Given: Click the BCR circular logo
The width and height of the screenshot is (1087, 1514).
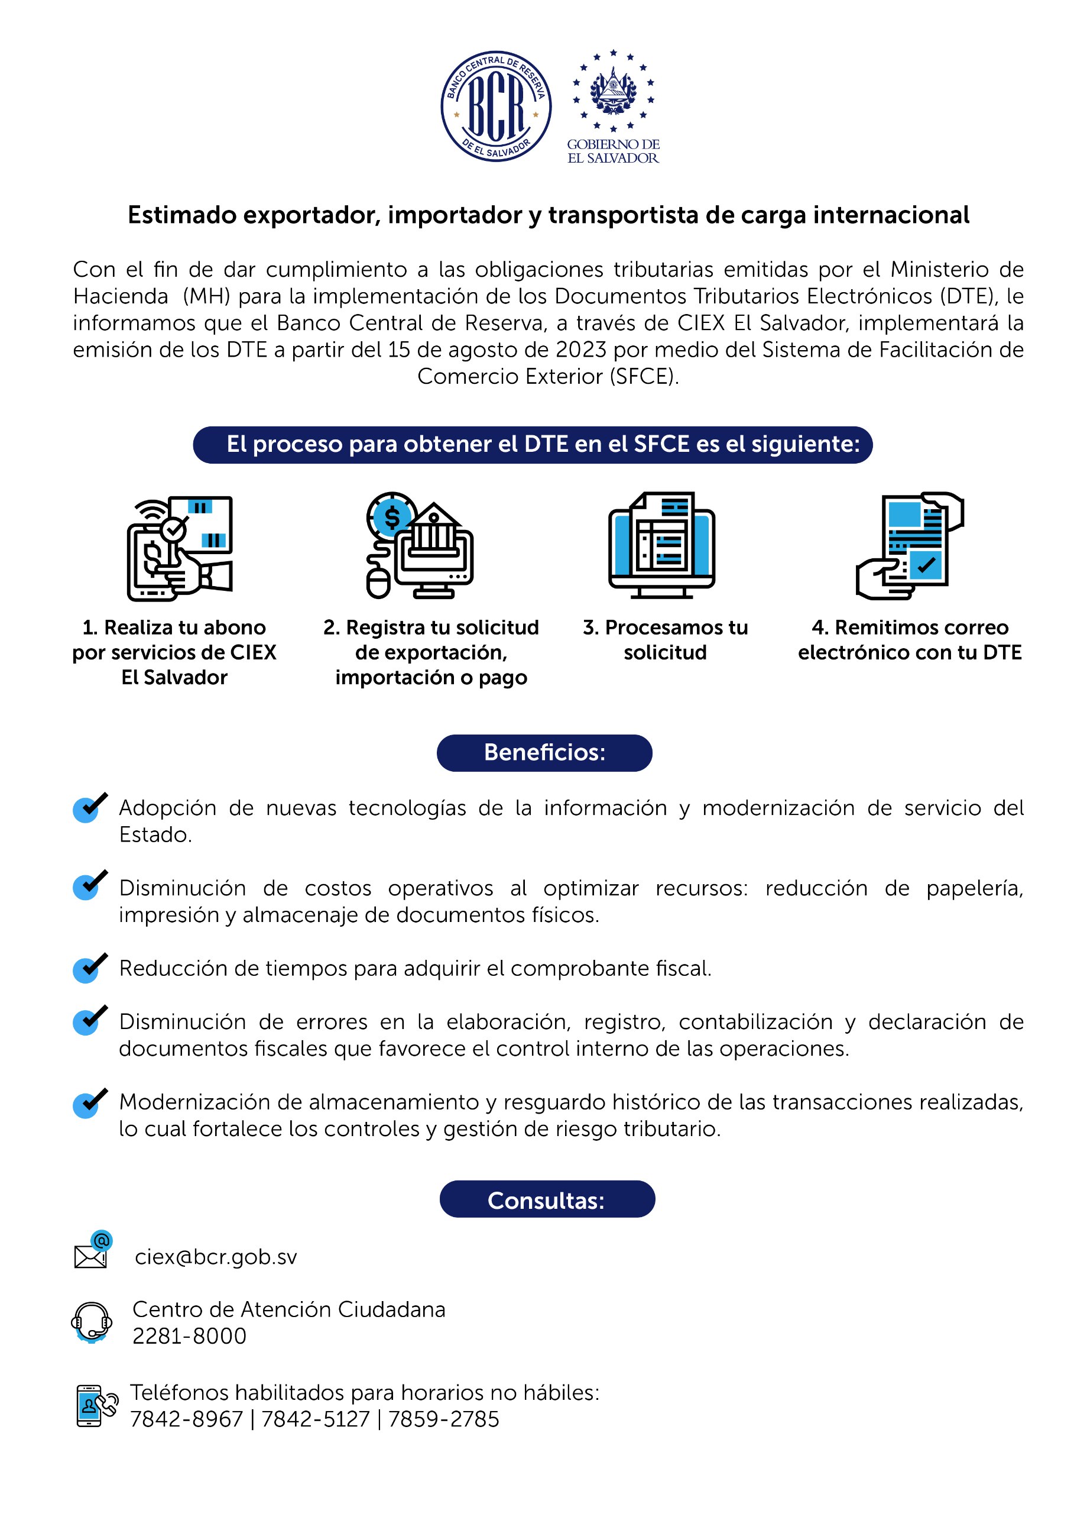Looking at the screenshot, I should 496,106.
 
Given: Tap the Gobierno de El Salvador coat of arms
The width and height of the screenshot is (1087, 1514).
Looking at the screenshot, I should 612,90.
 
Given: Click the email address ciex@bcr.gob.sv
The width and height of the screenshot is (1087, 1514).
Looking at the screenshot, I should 216,1257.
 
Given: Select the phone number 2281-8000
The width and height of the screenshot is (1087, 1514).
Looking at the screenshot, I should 190,1336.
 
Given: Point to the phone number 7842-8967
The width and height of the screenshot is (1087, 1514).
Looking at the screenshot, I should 186,1419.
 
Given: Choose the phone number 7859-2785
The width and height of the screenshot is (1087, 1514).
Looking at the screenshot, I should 444,1419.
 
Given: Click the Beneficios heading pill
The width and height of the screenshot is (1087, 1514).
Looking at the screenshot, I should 544,752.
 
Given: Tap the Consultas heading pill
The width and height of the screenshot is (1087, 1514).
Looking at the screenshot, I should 547,1200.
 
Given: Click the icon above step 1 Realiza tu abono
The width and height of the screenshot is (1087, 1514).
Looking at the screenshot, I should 180,548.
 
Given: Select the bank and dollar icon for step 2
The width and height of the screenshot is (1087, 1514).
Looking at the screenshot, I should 420,545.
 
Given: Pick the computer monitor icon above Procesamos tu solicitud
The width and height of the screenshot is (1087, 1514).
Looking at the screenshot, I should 661,545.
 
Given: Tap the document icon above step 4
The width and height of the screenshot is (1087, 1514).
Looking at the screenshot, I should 910,545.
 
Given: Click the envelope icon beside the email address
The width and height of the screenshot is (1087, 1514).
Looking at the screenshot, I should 92,1251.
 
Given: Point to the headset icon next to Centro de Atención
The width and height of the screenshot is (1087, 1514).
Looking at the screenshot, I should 92,1322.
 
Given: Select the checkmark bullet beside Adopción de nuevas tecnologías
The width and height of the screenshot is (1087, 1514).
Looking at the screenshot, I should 89,807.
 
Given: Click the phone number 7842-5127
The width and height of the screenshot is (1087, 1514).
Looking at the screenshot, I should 315,1419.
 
